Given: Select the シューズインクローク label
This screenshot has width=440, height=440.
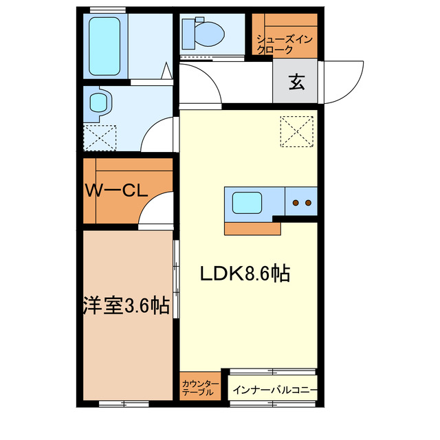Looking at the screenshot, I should click(x=285, y=44).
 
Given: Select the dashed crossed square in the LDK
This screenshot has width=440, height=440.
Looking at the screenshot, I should click(x=296, y=131).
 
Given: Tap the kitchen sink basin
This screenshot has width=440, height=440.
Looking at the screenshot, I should click(x=247, y=203).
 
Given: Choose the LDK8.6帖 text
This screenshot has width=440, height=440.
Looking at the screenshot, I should click(x=244, y=274).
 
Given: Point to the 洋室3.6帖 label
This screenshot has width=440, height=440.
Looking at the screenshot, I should click(x=126, y=305).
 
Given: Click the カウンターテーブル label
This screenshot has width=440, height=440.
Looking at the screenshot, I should click(x=200, y=387).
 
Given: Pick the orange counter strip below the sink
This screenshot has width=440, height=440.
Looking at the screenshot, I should click(x=252, y=228).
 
